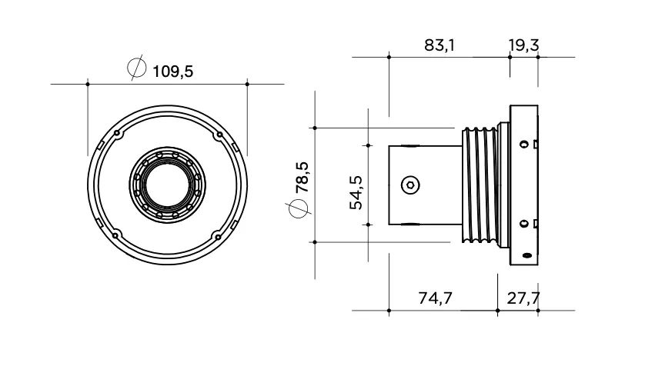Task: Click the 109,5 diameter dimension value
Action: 172,72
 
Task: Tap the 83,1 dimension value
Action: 439,45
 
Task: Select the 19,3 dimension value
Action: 523,45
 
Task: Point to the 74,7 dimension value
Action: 435,298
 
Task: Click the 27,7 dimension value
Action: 523,298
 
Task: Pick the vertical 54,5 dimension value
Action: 356,193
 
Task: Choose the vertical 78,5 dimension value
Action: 302,177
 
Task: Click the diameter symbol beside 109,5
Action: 136,68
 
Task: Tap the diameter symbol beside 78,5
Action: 298,208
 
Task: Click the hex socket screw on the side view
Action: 410,185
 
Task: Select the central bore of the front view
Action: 168,185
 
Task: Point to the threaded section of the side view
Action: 480,185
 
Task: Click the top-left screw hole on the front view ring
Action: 117,134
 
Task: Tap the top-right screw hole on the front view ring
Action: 219,135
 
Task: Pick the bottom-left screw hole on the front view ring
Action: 115,236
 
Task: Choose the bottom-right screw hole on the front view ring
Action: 218,236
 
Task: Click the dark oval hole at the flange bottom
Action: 526,255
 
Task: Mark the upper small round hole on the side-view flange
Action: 523,145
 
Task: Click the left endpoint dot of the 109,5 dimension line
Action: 88,85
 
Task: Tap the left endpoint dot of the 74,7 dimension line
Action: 389,311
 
